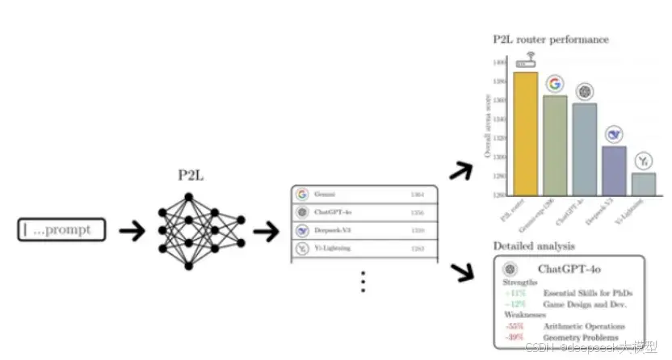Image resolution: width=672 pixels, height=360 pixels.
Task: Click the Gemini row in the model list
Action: coord(364,195)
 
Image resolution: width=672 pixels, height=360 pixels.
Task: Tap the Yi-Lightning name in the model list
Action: coord(334,248)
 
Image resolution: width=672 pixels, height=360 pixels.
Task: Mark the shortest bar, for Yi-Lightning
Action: coord(644,183)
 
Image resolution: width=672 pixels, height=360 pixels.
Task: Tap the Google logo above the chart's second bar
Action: coord(554,83)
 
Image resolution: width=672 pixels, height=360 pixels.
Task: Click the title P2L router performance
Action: coord(551,39)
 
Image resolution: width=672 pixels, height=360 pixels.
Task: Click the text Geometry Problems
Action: coord(581,337)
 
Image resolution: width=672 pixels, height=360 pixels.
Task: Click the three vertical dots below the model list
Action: coord(363,281)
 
